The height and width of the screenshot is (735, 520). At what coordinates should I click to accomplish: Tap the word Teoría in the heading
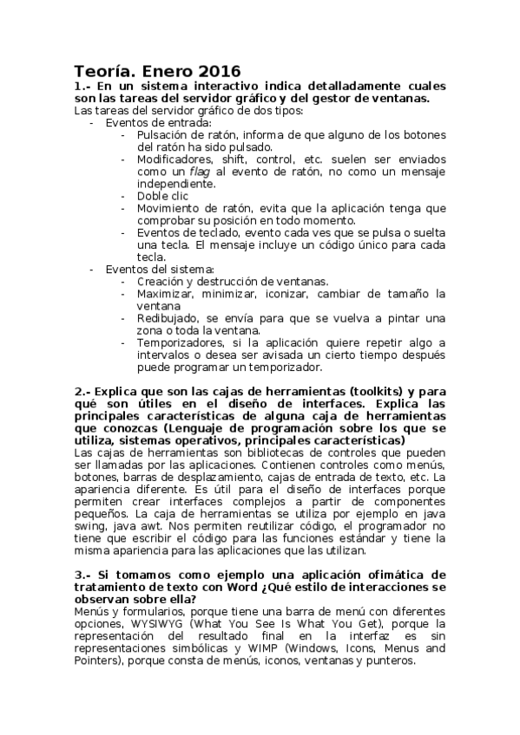pos(103,70)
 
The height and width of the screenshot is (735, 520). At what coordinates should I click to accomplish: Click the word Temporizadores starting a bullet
pos(181,342)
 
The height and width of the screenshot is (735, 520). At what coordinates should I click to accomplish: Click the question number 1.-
pos(82,87)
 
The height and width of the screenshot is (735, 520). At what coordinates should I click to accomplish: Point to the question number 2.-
pos(82,391)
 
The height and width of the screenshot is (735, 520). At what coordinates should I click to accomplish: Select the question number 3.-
pos(82,575)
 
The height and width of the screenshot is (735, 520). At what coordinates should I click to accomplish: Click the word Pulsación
pos(166,135)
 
